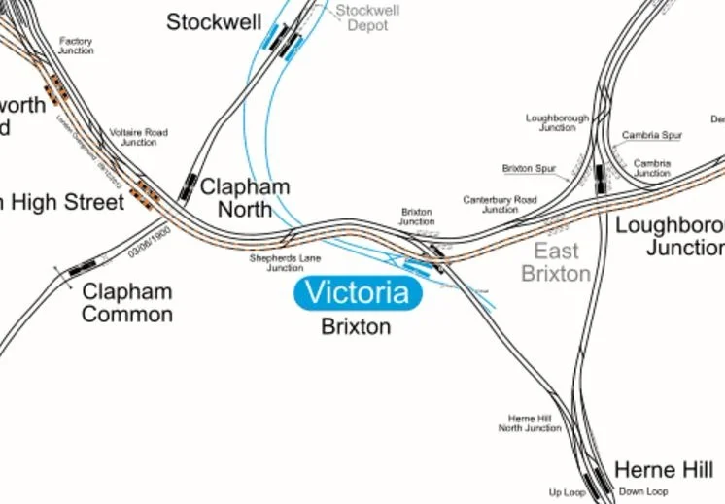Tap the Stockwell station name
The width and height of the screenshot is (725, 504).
[214, 22]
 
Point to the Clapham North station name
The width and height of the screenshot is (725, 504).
[244, 197]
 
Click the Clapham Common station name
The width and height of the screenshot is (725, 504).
[126, 302]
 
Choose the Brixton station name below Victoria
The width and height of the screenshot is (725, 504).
[356, 326]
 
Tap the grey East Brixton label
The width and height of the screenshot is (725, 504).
[557, 262]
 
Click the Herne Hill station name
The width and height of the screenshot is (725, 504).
[664, 471]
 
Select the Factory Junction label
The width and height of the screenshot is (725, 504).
[75, 46]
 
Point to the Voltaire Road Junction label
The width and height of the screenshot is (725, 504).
[138, 137]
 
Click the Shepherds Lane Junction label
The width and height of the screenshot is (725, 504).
[285, 263]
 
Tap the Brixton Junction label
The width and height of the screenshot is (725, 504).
[417, 216]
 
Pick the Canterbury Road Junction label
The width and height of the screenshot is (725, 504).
[500, 205]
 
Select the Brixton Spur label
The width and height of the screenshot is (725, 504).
[529, 169]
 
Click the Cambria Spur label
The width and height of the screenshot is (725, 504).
[652, 135]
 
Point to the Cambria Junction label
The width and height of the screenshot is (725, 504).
[651, 168]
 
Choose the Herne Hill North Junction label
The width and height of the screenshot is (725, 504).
[530, 422]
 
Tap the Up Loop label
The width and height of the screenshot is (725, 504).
[568, 492]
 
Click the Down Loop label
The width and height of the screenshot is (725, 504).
[643, 492]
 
